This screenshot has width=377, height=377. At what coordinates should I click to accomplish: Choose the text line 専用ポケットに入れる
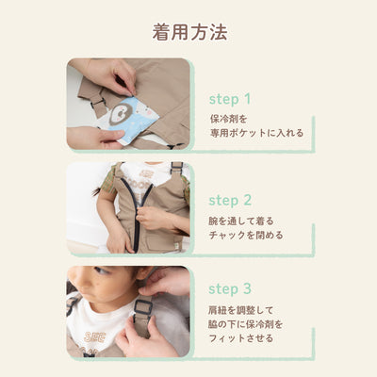click(256, 133)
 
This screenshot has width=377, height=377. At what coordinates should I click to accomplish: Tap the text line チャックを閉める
click(245, 236)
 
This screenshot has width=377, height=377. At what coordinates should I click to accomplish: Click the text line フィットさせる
click(244, 338)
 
